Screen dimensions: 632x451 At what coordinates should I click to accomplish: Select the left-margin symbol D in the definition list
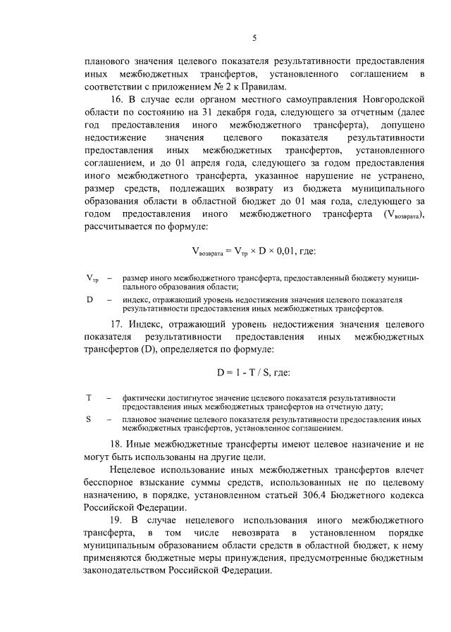coord(89,299)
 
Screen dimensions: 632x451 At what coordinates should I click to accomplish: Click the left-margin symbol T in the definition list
coord(89,397)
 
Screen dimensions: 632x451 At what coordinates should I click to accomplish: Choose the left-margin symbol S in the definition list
coord(89,419)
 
